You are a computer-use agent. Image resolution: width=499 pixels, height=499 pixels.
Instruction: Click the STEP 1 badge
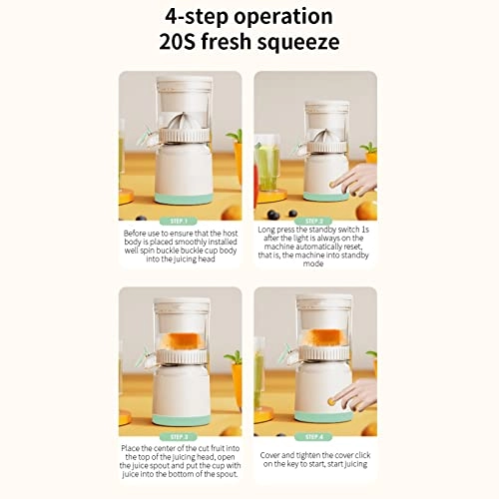(x=180, y=221)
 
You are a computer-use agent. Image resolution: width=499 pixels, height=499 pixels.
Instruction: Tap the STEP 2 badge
(x=314, y=221)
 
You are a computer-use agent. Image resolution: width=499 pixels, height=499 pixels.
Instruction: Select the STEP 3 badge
(x=180, y=437)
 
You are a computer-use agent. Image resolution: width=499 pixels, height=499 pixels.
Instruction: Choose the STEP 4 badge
(x=314, y=437)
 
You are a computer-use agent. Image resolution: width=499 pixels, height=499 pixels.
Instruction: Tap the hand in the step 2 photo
(x=353, y=180)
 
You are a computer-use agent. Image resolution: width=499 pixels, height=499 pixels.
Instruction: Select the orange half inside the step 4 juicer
(x=321, y=337)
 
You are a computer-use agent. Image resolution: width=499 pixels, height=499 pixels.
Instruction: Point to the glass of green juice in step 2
(x=268, y=165)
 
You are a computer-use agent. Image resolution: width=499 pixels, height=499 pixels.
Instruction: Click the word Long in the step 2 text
(x=267, y=231)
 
